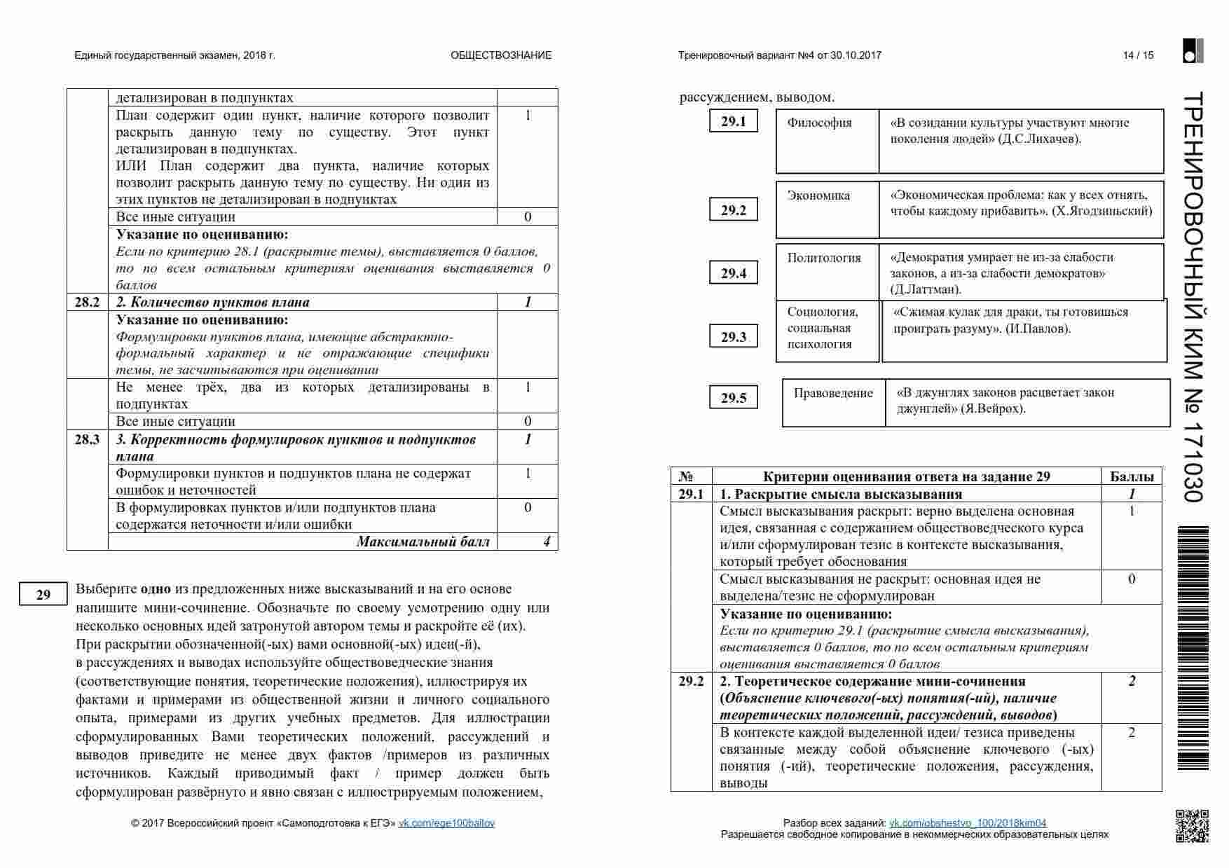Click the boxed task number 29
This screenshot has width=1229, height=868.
tap(43, 594)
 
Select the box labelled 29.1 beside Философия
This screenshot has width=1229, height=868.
tap(734, 121)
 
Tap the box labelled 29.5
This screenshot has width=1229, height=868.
tap(734, 398)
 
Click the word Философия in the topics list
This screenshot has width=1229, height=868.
tap(819, 123)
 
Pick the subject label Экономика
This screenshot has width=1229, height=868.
tap(818, 195)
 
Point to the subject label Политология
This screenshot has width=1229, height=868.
tap(824, 258)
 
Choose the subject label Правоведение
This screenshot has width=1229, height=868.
tap(833, 393)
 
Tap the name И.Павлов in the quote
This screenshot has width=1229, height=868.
tap(1037, 329)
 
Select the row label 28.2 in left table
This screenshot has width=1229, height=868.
tap(87, 302)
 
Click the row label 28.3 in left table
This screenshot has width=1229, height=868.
tap(87, 439)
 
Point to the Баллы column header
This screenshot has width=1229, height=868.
tap(1132, 476)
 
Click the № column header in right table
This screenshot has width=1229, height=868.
tap(685, 476)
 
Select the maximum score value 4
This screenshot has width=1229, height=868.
tap(547, 542)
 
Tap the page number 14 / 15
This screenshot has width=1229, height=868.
tap(1138, 55)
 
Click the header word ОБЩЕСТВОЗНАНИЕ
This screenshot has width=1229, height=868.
tap(501, 55)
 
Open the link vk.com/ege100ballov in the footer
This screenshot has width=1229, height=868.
tap(446, 823)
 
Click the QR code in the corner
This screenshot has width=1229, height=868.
tap(1192, 825)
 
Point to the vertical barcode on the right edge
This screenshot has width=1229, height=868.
tap(1193, 648)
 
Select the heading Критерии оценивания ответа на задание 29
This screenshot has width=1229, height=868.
tap(906, 476)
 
